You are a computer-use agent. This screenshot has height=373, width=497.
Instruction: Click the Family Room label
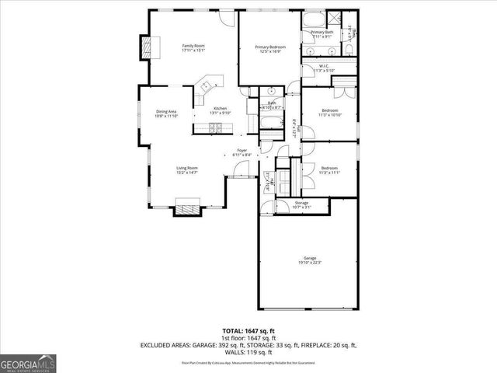point(193,46)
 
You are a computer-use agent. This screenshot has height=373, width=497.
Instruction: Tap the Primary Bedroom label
point(270,47)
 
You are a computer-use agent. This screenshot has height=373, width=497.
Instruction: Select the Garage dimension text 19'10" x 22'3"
point(309,263)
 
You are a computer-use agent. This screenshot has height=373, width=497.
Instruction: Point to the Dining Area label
point(166,111)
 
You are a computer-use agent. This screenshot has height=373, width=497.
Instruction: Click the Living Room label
point(186,168)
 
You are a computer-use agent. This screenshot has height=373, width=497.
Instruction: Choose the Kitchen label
point(221,108)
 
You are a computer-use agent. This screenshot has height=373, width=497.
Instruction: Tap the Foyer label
point(242,151)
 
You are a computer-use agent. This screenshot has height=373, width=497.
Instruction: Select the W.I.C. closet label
point(325,67)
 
